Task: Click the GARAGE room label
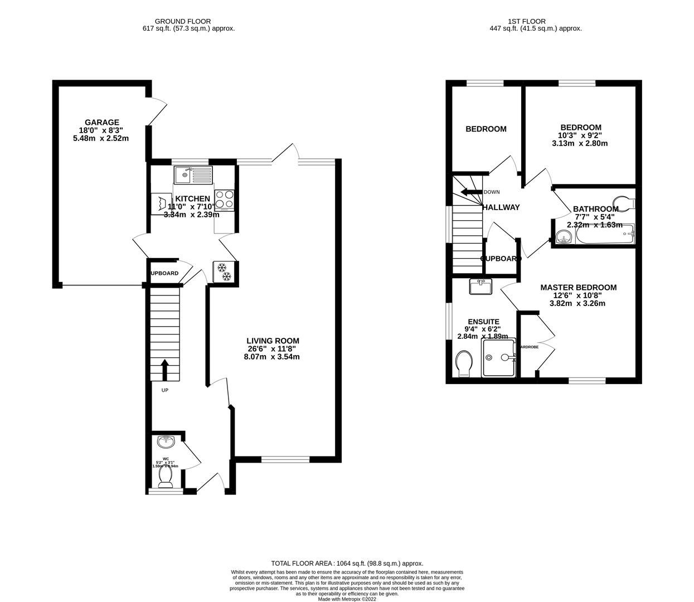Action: coord(101,123)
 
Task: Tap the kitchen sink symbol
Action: coord(193,175)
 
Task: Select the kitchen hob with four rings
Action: coord(225,200)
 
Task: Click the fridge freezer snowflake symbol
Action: coord(223,271)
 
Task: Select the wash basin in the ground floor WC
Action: coord(166,443)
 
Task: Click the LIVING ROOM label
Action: coord(273,341)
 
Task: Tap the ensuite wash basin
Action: coord(480,287)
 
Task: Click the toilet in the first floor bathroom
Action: coord(624,202)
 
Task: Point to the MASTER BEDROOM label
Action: coord(578,288)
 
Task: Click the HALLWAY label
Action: coord(501,207)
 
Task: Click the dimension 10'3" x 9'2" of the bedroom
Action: coord(580,135)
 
